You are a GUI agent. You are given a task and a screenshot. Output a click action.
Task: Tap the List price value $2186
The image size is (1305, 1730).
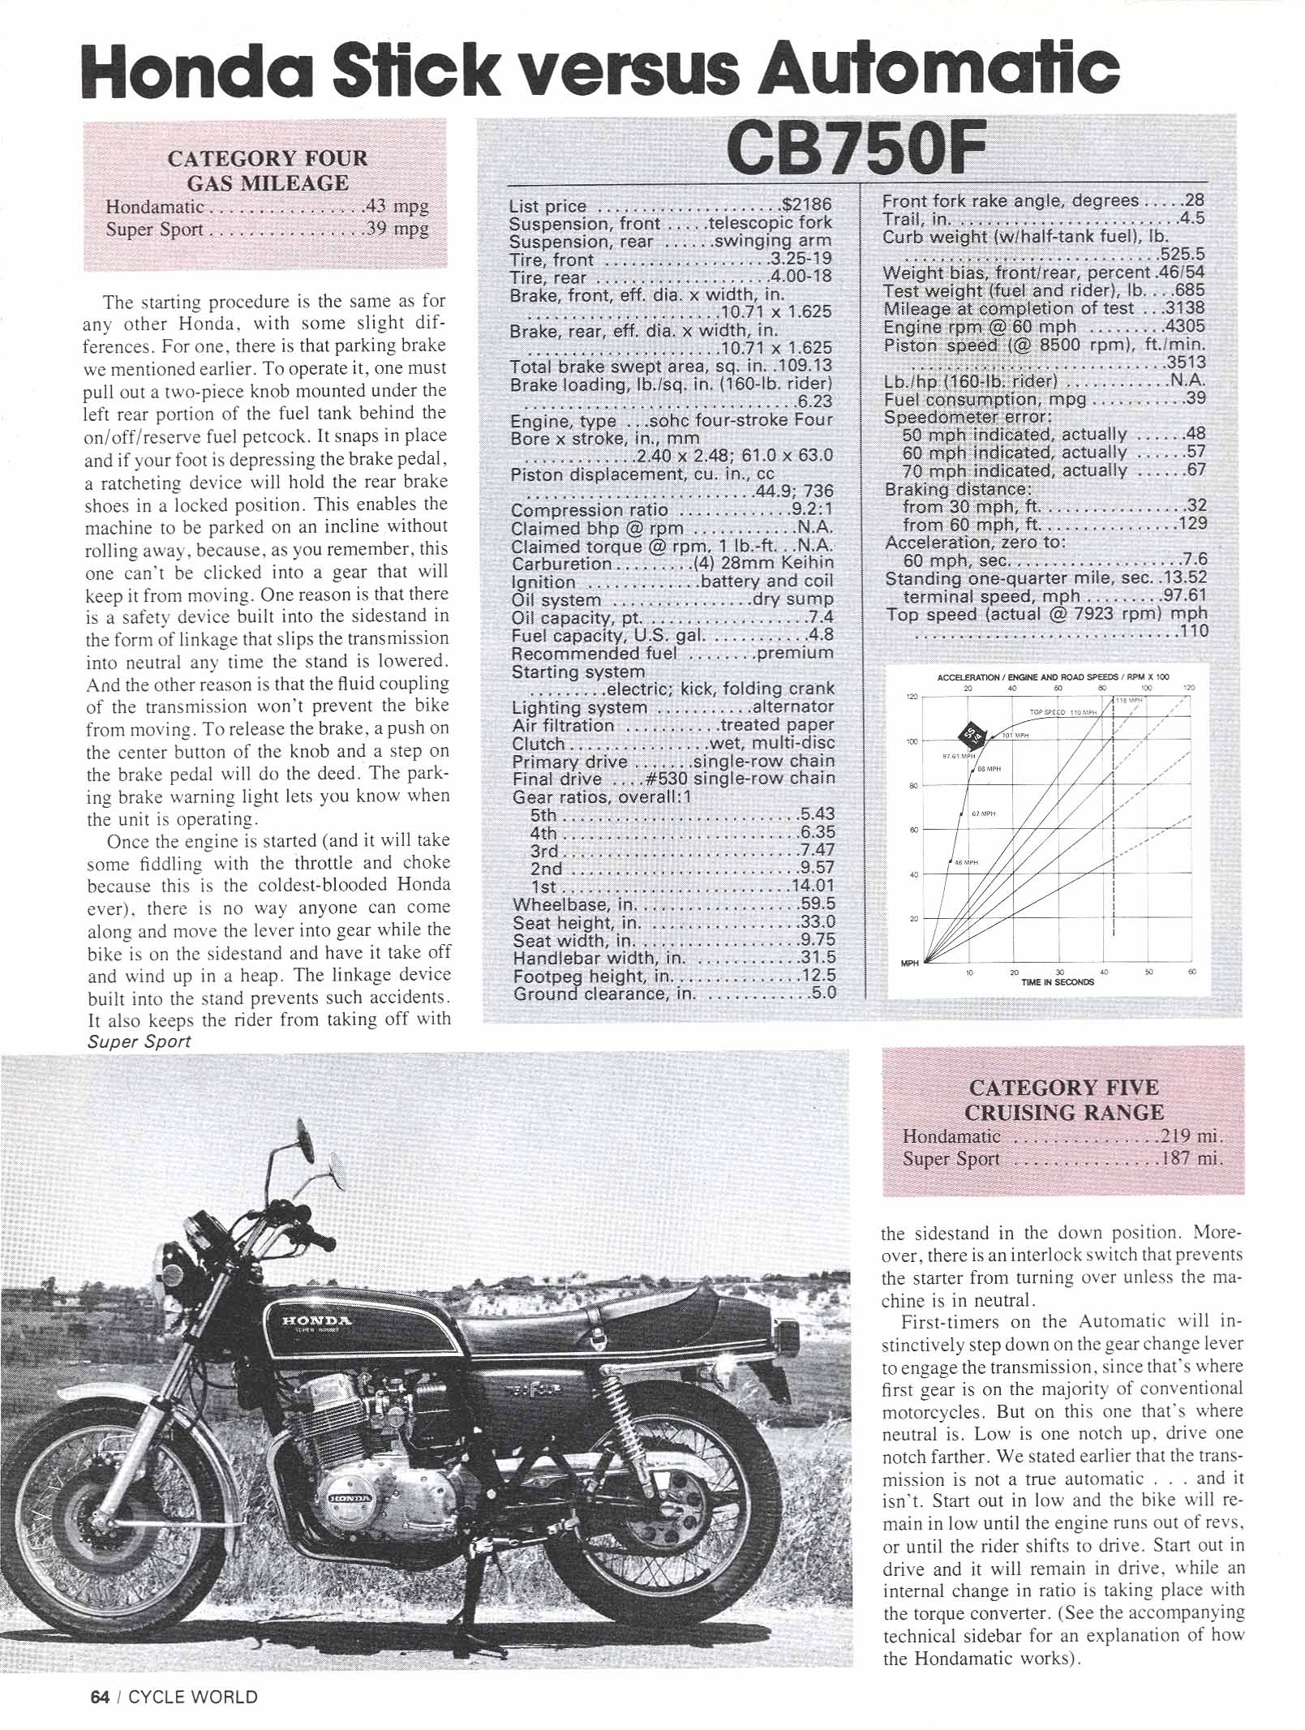[x=807, y=206]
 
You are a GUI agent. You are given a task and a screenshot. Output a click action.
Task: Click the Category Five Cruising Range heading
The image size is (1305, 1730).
[x=1063, y=1100]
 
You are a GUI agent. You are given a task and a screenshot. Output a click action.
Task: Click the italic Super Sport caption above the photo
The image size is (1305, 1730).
[x=139, y=1041]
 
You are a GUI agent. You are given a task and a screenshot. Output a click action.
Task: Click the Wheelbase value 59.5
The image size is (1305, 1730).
[x=818, y=904]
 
